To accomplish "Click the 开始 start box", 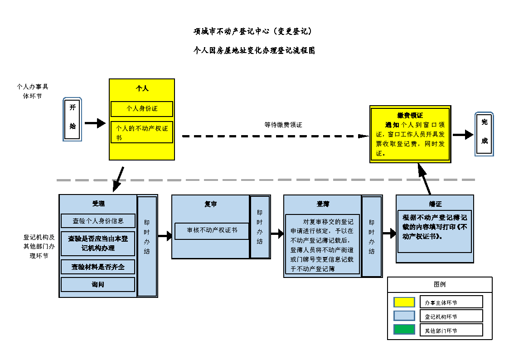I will pos(73,119).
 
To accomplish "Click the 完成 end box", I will pos(484,134).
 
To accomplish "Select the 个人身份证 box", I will pos(142,109).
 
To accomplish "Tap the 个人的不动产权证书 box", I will pos(142,132).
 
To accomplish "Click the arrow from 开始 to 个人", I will pos(95,123).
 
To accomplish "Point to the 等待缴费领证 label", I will pos(283,125).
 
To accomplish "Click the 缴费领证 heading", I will pos(410,115).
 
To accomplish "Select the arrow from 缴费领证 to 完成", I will pos(463,135).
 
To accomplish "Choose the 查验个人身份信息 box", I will pos(98,221).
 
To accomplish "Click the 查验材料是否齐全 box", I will pos(98,267).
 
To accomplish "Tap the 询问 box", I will pos(98,284).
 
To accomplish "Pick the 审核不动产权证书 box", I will pos(212,230).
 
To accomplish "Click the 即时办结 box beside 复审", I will pos(260,227).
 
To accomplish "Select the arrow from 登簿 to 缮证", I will pos(389,234).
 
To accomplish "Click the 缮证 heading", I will pos(435,204).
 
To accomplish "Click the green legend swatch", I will pos(404,330).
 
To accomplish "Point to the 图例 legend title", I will pos(440,284).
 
